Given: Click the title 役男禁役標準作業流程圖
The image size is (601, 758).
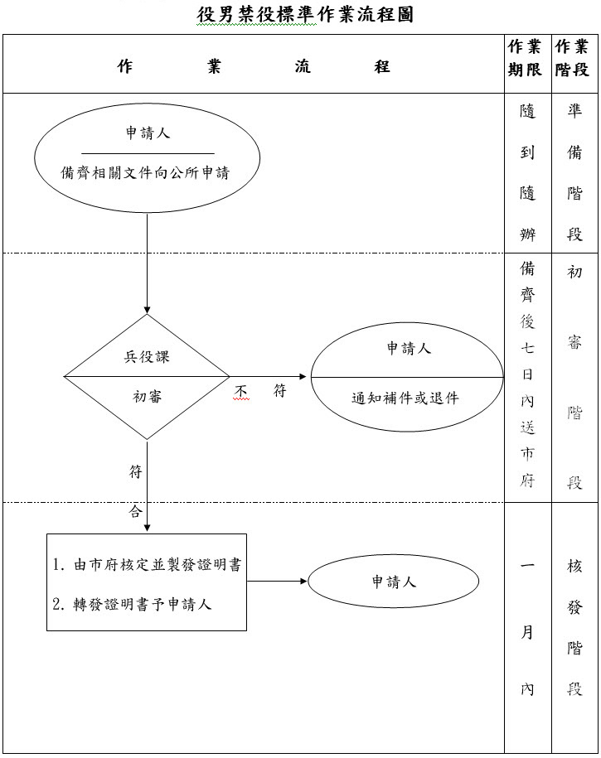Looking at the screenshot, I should coord(305,15).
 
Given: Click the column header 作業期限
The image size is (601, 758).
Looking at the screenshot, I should coord(527,58).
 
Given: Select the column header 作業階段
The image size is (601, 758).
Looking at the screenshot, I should coord(574,58).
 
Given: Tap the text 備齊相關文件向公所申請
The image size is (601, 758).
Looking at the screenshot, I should coord(146,173).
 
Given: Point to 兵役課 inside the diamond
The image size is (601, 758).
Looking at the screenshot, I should coord(148,357).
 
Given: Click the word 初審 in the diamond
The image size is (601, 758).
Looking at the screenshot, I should coord(148,396).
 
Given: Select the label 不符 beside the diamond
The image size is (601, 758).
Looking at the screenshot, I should coord(260,391).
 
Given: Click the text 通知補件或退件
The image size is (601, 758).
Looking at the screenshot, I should coord(405,397).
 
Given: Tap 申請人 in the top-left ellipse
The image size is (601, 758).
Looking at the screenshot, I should coord(147,133).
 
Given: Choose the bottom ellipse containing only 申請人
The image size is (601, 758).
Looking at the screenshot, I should coord(393,582).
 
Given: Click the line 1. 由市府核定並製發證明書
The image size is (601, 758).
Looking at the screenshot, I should coord(147,565).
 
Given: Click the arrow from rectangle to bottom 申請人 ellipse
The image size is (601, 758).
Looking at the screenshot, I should coord(277,581).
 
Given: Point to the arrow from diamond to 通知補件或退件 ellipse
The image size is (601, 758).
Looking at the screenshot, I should coord(269,377).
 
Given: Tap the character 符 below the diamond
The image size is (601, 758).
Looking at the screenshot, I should coord(136,471).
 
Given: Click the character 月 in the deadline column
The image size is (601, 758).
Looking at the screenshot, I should coord(527,633).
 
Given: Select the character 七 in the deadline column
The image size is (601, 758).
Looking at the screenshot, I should coord(527,349).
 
